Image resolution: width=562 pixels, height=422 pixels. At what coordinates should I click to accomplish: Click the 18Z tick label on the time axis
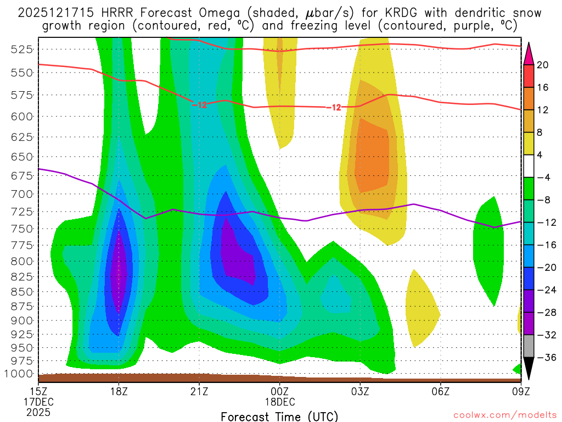pos(119,391)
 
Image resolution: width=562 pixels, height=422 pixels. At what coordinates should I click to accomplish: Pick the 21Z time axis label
pos(199,391)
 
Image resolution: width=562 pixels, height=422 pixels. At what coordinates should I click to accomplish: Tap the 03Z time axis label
pos(360,391)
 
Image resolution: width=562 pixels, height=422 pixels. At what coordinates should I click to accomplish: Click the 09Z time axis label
pos(520,391)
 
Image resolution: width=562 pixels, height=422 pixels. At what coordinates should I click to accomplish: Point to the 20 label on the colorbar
pos(543,65)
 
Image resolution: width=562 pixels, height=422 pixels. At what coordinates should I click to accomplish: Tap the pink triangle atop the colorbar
pos(529,53)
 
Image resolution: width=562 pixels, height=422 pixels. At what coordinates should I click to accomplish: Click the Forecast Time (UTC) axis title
pos(279,416)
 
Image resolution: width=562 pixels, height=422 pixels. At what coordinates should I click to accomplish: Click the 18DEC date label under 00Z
pos(280,402)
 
